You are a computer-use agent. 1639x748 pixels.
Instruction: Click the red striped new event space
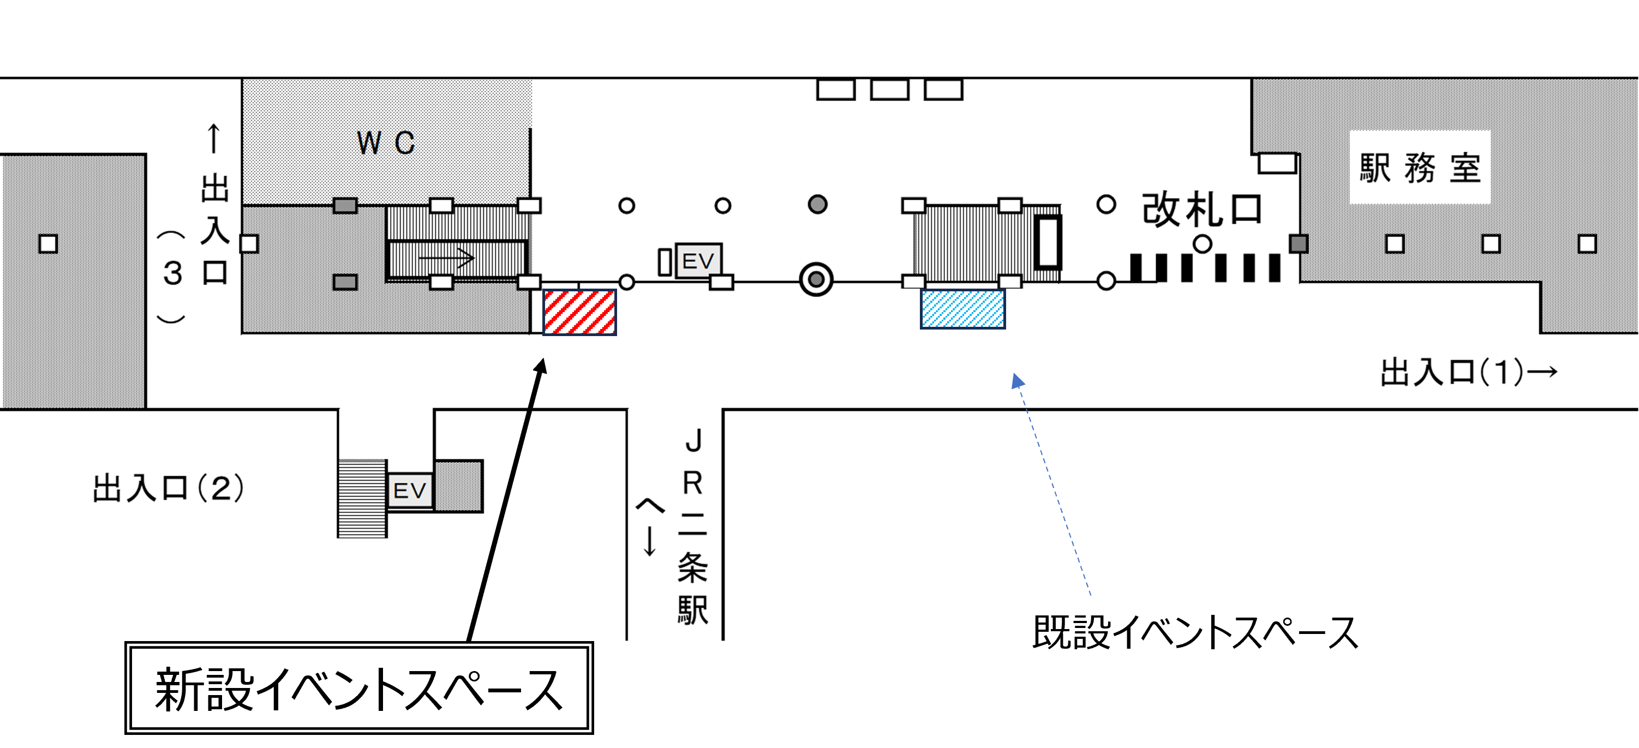pos(579,312)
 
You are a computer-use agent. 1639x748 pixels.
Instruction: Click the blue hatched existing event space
pos(962,309)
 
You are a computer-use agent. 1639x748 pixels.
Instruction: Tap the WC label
pos(386,143)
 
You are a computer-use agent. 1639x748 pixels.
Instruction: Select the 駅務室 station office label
pos(1420,168)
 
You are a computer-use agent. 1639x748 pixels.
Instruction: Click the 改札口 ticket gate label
pos(1201,210)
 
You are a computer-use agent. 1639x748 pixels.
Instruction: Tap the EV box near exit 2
pos(410,490)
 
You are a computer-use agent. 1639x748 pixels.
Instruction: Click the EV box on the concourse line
pos(698,261)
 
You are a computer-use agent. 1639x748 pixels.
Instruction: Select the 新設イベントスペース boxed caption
pos(360,689)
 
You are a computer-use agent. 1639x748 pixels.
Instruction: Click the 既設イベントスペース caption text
pos(1195,633)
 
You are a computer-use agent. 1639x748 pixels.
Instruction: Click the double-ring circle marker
pos(816,280)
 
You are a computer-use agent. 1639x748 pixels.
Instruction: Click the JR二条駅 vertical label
pos(693,528)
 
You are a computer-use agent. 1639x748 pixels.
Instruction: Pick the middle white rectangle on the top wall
pos(889,89)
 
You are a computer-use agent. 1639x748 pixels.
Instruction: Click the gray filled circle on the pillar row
pos(818,204)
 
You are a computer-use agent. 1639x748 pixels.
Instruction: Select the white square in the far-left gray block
pos(49,244)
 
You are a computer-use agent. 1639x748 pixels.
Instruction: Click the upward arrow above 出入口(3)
pos(214,138)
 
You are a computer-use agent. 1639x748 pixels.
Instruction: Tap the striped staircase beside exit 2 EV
pos(362,499)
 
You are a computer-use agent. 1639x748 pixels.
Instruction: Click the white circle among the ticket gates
pos(1202,244)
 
